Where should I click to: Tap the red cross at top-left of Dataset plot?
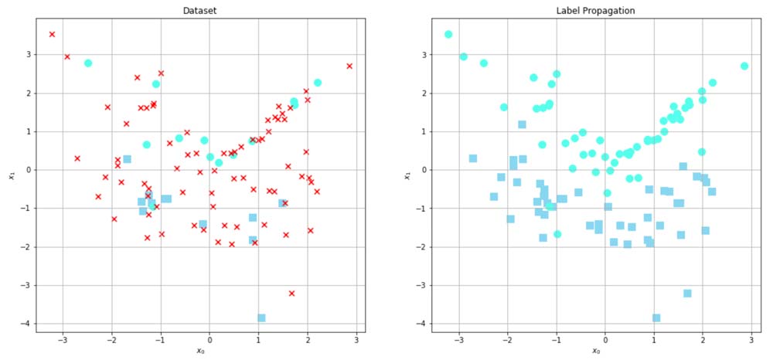click(52, 34)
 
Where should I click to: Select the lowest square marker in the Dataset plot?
click(261, 318)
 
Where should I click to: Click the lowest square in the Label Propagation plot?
click(656, 318)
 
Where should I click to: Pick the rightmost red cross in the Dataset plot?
click(349, 66)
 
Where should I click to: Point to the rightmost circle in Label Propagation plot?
click(744, 66)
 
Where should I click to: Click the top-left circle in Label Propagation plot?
click(448, 34)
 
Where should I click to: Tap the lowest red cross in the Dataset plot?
click(291, 293)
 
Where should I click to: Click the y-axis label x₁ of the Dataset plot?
click(11, 176)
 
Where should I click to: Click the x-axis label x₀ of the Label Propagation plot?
click(596, 352)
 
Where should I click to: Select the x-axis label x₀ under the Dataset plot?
click(200, 352)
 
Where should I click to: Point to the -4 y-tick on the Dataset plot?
click(26, 324)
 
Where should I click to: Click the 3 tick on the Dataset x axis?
click(356, 340)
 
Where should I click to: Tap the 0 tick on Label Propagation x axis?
click(605, 340)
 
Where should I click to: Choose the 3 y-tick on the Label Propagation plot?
click(422, 55)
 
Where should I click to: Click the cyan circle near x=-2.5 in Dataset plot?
click(88, 63)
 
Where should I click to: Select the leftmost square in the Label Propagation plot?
click(473, 158)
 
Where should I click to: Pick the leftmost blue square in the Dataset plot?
click(127, 159)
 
